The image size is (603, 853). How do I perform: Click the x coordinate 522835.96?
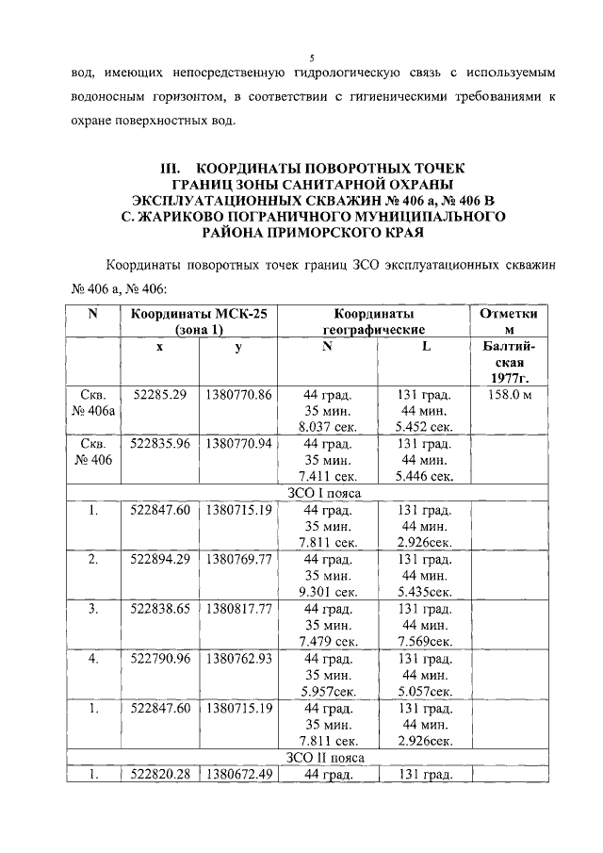159,443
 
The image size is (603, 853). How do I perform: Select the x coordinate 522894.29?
159,559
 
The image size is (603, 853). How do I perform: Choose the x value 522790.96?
159,657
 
